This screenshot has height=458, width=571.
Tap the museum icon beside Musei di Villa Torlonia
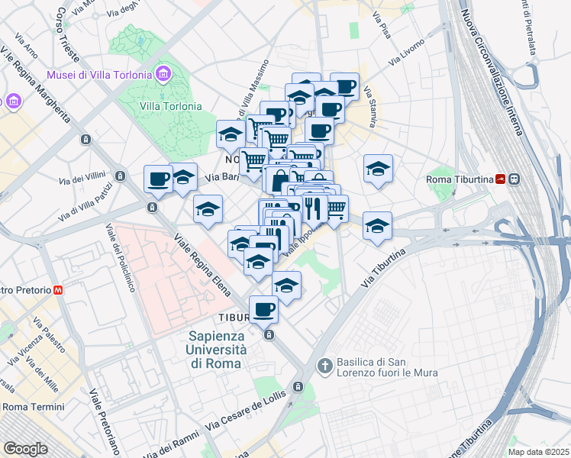[x=163, y=74]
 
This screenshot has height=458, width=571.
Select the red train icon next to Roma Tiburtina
[x=499, y=179]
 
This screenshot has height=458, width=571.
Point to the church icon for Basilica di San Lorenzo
[x=324, y=366]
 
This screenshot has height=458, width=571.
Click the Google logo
[x=25, y=449]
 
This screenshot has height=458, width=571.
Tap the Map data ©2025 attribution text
[x=537, y=452]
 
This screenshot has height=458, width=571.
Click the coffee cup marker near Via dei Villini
[x=158, y=179]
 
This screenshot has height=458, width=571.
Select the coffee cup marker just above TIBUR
[x=263, y=309]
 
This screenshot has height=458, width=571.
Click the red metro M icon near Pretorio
[x=58, y=290]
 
